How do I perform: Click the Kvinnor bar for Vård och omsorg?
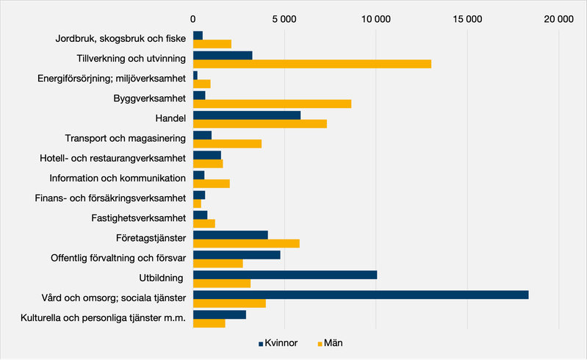(x=360, y=295)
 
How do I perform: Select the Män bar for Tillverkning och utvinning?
(x=311, y=63)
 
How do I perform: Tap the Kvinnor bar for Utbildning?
(x=284, y=275)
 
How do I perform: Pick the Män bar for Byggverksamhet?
(x=272, y=104)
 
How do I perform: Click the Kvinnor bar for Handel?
(x=246, y=115)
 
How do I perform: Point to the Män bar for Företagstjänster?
(x=246, y=243)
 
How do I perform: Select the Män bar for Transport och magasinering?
(x=227, y=143)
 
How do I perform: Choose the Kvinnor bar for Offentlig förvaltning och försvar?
(x=236, y=255)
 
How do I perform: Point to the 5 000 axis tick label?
(x=284, y=20)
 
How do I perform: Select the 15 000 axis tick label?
(x=467, y=20)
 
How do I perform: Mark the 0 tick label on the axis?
(x=192, y=20)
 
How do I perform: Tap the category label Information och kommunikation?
(x=117, y=179)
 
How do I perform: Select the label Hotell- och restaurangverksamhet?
(x=112, y=159)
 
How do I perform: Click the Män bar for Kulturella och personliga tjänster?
(x=209, y=323)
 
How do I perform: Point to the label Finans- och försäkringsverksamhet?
(x=110, y=198)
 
